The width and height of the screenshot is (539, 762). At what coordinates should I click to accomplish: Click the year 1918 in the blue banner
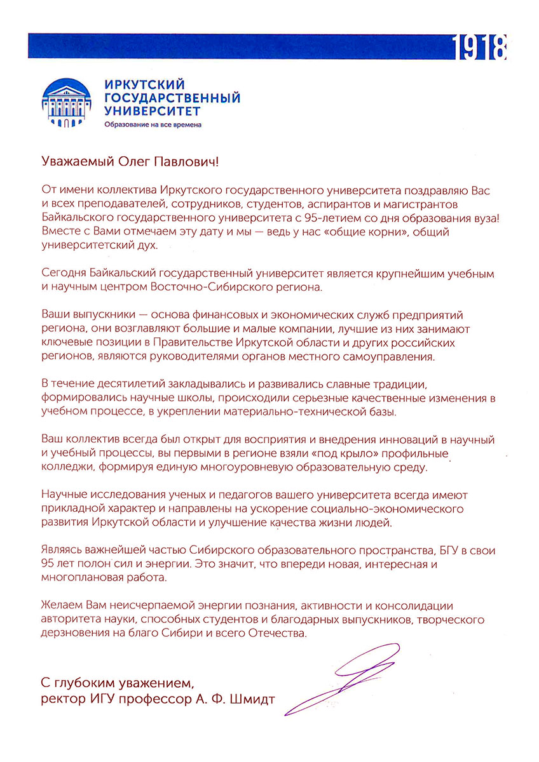point(481,47)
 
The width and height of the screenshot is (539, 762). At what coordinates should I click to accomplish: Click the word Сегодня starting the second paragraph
point(64,272)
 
